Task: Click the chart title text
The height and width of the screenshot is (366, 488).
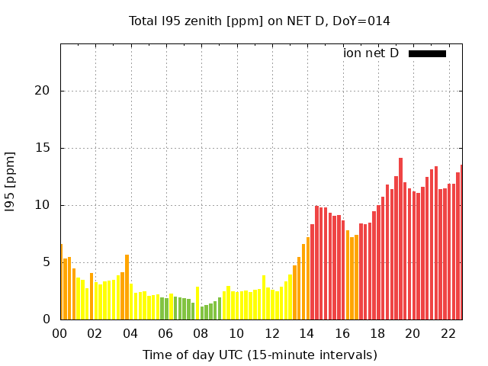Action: [x=259, y=21]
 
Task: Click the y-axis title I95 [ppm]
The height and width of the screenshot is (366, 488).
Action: [x=11, y=182]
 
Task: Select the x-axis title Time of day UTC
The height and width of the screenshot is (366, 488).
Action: [x=259, y=355]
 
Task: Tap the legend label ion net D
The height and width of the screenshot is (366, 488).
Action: [x=371, y=53]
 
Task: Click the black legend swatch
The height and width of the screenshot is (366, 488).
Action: [x=427, y=53]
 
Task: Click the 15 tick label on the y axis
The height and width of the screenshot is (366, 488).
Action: [x=42, y=148]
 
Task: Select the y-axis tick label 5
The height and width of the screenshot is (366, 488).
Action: [x=46, y=262]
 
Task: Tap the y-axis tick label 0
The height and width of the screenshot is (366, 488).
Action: [x=46, y=319]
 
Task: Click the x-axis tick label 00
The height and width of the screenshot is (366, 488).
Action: [x=60, y=333]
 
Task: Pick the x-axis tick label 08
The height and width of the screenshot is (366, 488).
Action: [x=201, y=333]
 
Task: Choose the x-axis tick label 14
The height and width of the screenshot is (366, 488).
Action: [x=307, y=333]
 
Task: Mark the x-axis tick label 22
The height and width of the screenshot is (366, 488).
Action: [x=448, y=333]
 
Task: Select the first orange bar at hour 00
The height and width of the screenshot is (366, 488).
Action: [x=61, y=281]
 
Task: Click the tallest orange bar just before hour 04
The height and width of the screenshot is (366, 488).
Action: [x=127, y=287]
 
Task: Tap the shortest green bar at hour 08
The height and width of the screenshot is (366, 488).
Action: [x=202, y=313]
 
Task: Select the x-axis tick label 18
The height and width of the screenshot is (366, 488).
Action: [x=377, y=333]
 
